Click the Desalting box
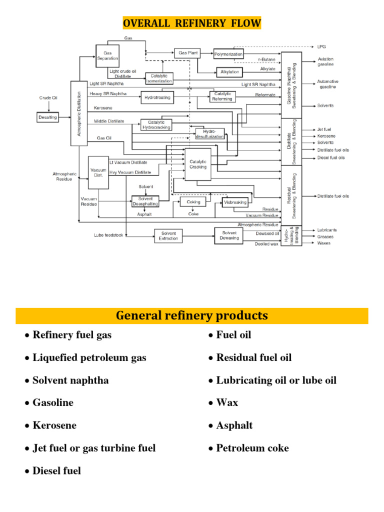point(48,117)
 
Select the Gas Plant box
point(183,52)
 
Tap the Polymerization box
point(228,53)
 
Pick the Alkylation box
point(229,72)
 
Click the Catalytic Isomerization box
point(159,78)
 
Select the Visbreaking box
point(235,202)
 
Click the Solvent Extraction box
point(168,235)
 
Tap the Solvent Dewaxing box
point(228,235)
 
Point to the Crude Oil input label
point(48,98)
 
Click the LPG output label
point(321,47)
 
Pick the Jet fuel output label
point(324,129)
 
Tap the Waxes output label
point(323,243)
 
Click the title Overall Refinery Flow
point(192,23)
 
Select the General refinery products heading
point(192,316)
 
